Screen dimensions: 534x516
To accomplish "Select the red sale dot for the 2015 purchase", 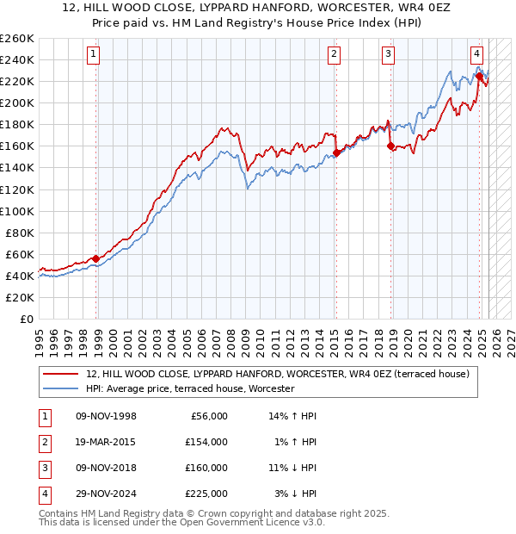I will [x=336, y=153].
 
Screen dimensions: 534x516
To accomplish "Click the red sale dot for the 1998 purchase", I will [x=96, y=258].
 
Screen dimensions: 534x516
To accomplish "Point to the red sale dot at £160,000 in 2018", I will [x=390, y=146].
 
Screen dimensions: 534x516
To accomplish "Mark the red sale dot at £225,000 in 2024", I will [x=479, y=77].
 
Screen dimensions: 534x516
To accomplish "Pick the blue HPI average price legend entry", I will [x=190, y=389].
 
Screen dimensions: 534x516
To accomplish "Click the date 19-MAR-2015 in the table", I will [x=106, y=442].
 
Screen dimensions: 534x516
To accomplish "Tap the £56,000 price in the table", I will [x=208, y=416].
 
